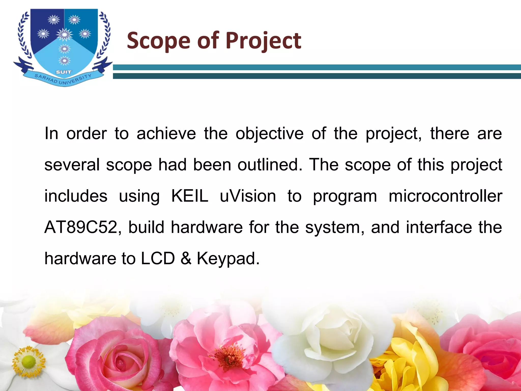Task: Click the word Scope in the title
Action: click(158, 41)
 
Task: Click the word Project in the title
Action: click(263, 41)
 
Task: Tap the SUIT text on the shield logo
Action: click(64, 72)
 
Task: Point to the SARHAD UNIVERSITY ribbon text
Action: click(63, 79)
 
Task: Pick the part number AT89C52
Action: click(81, 227)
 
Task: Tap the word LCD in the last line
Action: click(158, 258)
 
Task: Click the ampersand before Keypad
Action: click(186, 258)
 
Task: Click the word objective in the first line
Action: click(269, 134)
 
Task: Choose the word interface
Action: click(439, 227)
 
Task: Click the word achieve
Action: click(166, 134)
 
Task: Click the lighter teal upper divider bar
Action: click(317, 67)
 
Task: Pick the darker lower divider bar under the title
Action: click(317, 76)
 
